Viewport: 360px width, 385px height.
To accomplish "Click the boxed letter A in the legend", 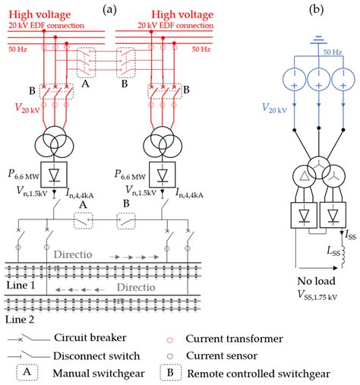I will (26, 374).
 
